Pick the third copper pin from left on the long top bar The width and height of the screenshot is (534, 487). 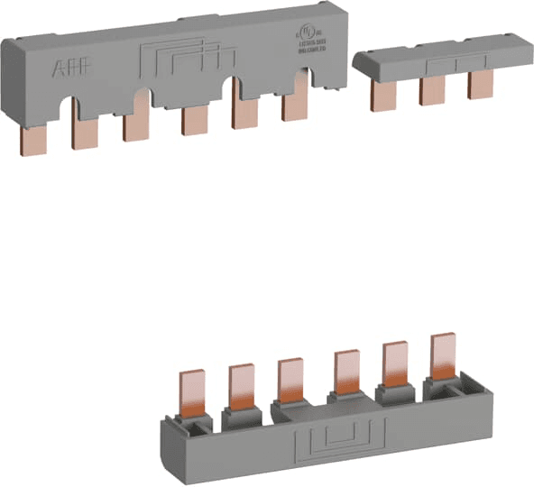click(x=135, y=125)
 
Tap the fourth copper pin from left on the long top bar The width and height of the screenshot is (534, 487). click(x=192, y=120)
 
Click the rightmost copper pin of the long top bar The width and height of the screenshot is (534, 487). click(x=294, y=106)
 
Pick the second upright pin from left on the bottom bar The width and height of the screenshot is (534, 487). click(x=241, y=384)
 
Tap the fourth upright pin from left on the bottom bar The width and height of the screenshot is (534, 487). click(x=345, y=372)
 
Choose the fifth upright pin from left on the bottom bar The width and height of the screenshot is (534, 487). click(x=393, y=364)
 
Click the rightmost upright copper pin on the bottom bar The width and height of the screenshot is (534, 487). click(x=442, y=358)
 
